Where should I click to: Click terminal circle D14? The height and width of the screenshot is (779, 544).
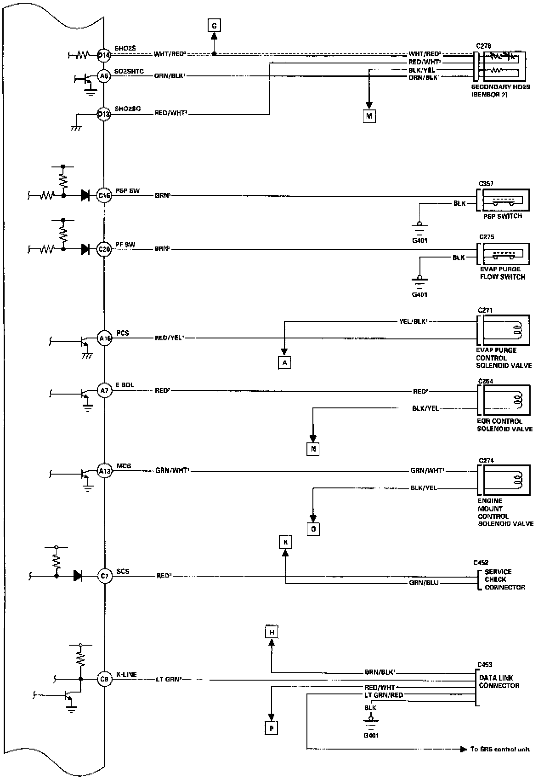pos(104,55)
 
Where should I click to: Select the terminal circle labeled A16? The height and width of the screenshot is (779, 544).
pos(105,338)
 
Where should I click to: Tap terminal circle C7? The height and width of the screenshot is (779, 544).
pos(105,576)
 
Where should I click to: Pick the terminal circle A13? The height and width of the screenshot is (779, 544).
pos(105,471)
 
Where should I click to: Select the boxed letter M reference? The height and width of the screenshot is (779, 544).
pos(369,116)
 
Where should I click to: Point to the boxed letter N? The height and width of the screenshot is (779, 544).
pos(313,449)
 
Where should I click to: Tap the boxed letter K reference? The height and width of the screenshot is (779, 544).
pos(285,543)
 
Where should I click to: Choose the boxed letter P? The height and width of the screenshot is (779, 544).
pos(272,728)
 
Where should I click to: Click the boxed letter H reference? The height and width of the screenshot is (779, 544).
pos(272,633)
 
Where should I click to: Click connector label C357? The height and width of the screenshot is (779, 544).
pos(486,183)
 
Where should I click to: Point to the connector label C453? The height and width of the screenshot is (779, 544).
pos(484,664)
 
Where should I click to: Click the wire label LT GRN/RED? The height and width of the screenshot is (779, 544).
pos(384,695)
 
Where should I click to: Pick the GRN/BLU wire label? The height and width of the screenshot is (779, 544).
pos(424,583)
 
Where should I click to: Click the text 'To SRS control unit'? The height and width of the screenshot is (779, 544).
pos(499,749)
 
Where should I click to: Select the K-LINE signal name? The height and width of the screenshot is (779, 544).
pos(126,675)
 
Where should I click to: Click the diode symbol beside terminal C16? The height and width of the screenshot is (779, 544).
pos(85,195)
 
